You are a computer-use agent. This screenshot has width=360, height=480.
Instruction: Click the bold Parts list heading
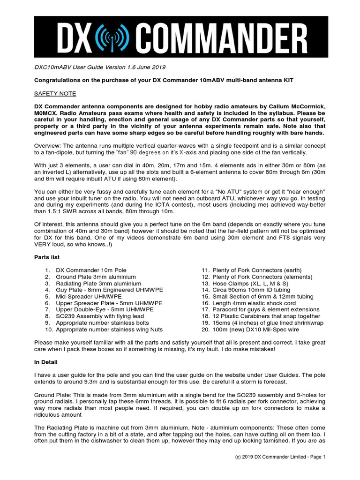pos(47,257)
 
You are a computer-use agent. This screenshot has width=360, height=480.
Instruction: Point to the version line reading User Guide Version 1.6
pos(99,67)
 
